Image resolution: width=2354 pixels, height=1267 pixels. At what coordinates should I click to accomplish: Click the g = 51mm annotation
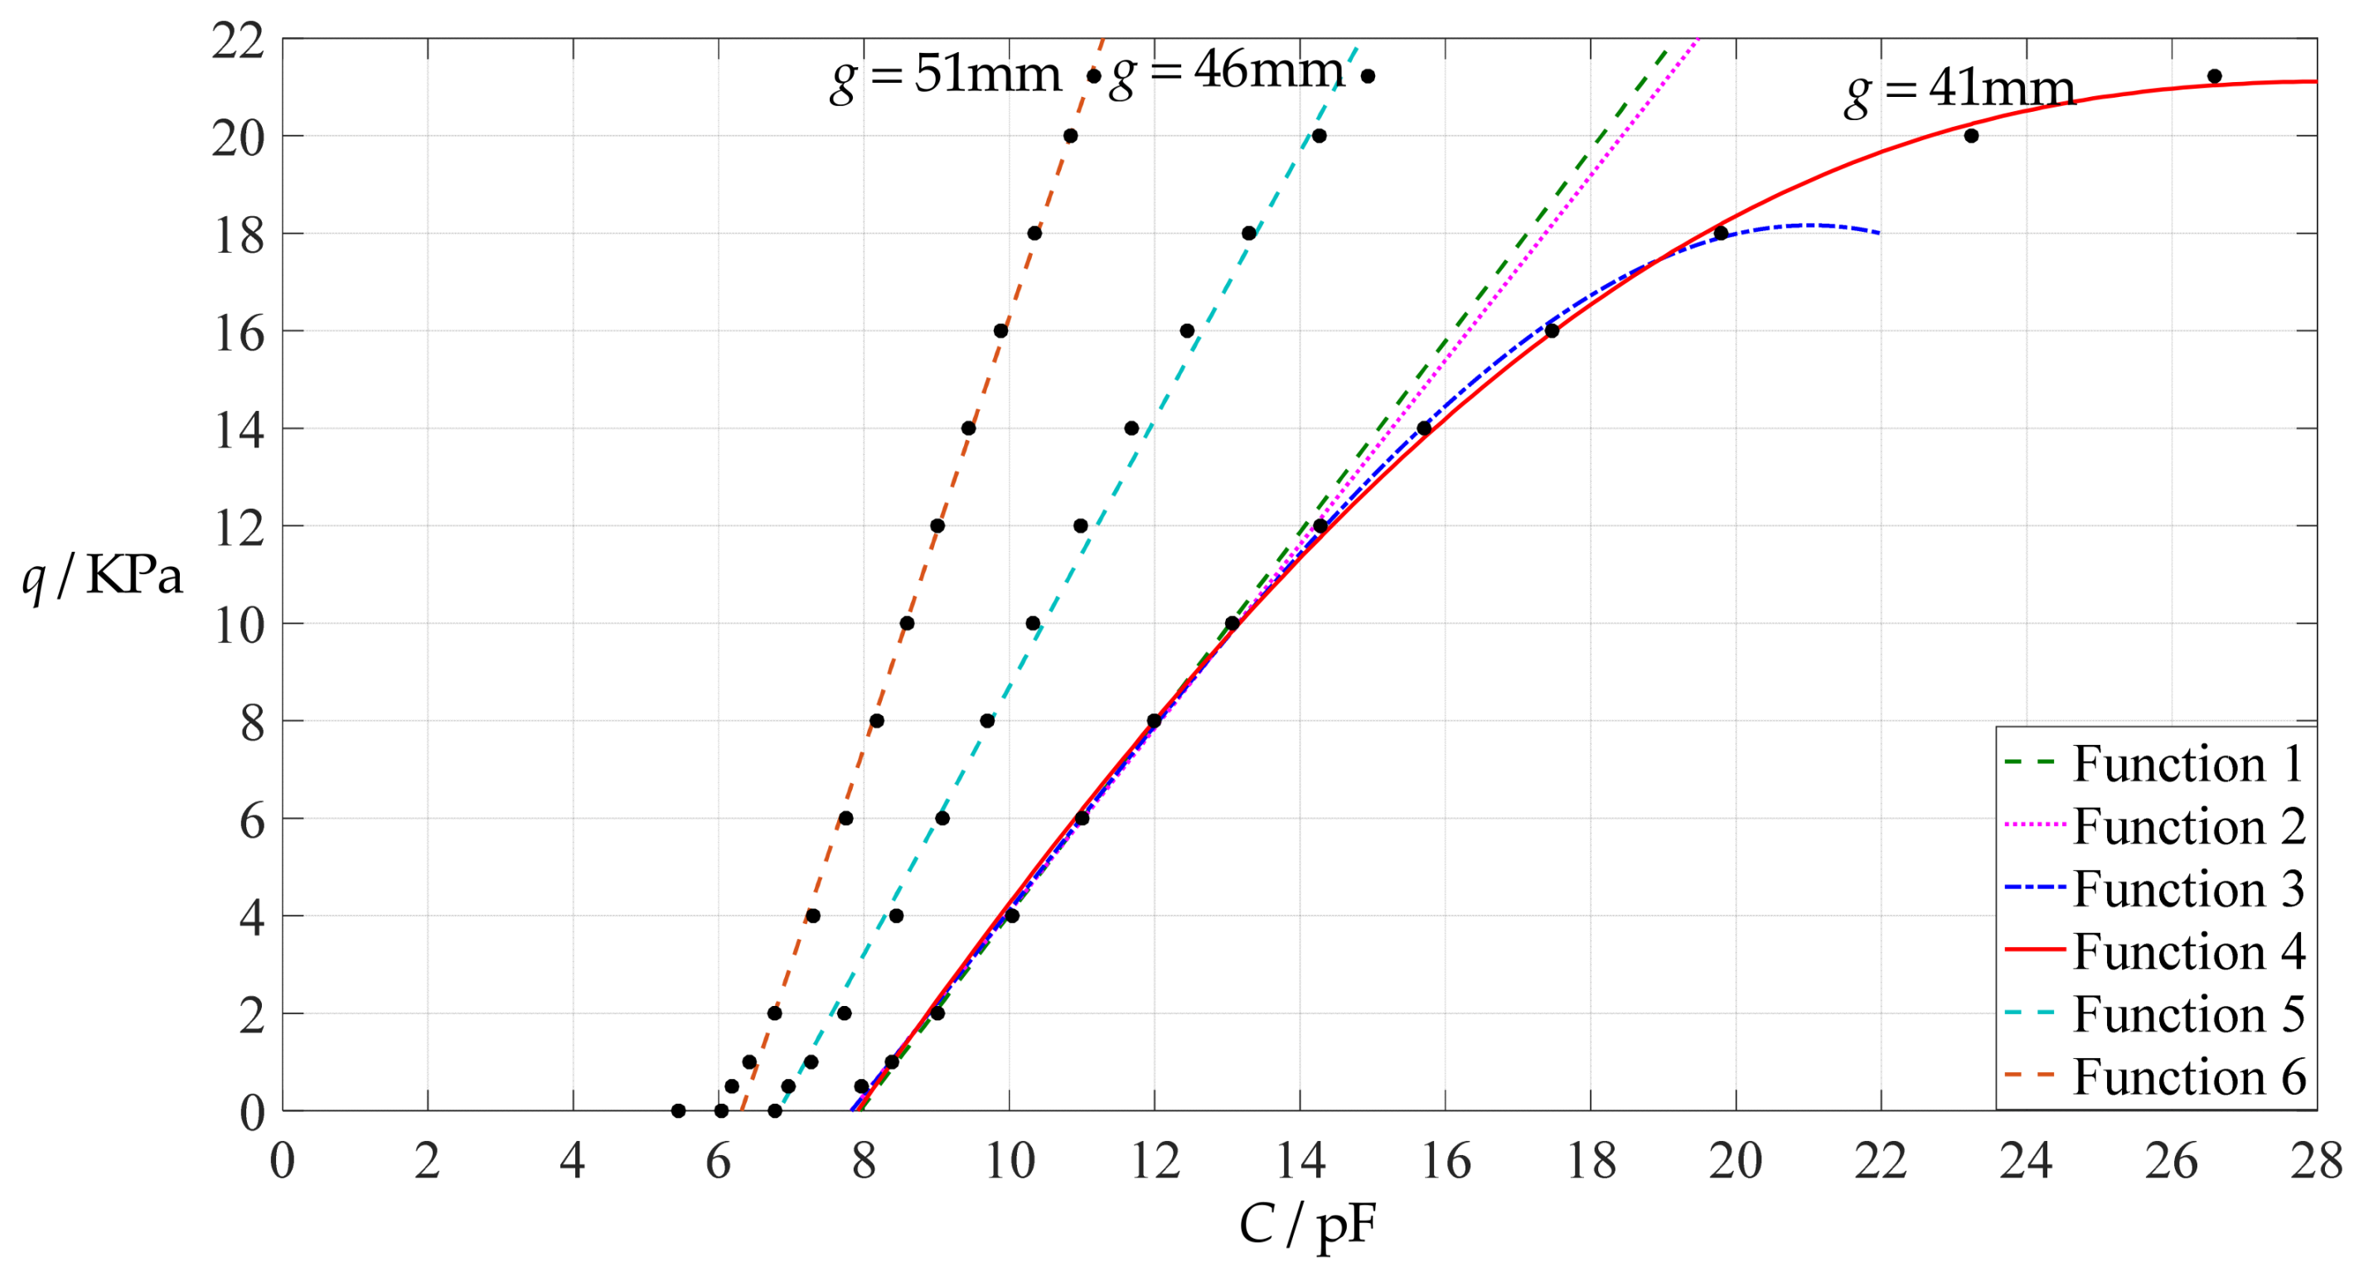pyautogui.click(x=945, y=75)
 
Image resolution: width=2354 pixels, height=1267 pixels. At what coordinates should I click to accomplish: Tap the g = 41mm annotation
pyautogui.click(x=1959, y=90)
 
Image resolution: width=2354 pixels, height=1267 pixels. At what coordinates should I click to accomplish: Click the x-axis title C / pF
pyautogui.click(x=1307, y=1224)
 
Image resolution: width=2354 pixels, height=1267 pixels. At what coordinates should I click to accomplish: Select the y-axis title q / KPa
pyautogui.click(x=102, y=578)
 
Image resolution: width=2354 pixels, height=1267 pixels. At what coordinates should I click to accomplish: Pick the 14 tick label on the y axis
pyautogui.click(x=240, y=429)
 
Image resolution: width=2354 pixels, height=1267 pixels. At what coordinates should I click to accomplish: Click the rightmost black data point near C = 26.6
pyautogui.click(x=2214, y=75)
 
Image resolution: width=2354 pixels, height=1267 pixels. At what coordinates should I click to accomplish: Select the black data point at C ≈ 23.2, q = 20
pyautogui.click(x=1971, y=136)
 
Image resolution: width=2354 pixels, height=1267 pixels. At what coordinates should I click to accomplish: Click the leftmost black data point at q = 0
pyautogui.click(x=678, y=1110)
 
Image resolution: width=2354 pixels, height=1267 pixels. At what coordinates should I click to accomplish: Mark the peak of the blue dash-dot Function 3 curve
pyautogui.click(x=1808, y=225)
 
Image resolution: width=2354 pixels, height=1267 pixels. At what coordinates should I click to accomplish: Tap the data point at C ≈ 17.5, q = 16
pyautogui.click(x=1552, y=331)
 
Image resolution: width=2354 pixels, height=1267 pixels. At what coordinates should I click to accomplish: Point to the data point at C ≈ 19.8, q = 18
pyautogui.click(x=1721, y=233)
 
